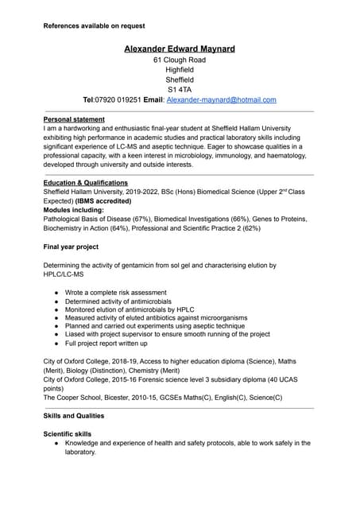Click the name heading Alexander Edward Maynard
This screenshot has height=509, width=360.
(180, 49)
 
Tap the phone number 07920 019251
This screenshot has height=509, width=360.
(118, 100)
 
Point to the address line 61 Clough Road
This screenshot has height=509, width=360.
(180, 60)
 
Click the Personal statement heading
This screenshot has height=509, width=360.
(74, 119)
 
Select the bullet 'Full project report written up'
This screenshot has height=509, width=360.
(106, 344)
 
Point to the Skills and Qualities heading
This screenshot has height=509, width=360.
(74, 416)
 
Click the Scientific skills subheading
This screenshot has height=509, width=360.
(68, 434)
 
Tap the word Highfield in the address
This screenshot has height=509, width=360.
(180, 70)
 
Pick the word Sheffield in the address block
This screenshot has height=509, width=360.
(180, 80)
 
